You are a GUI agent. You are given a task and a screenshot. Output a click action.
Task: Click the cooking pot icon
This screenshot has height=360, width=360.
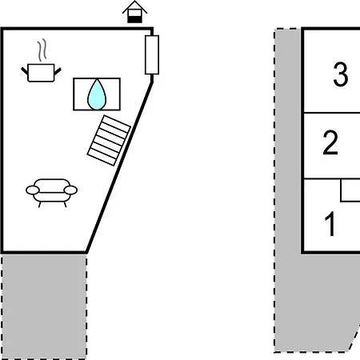pos(41,73)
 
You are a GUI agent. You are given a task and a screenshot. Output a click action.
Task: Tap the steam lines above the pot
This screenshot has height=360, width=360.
pos(42,50)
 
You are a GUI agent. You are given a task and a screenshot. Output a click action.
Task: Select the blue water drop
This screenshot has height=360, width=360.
pos(97,94)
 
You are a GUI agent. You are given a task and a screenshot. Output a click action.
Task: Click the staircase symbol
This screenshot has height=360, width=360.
pos(109,140)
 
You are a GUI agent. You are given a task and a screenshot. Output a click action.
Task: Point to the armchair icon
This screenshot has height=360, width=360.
pos(52,193)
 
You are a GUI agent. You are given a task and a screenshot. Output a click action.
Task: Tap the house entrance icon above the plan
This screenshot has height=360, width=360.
pos(134,12)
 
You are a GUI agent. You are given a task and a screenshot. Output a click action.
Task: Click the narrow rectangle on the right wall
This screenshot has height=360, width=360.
pos(152,54)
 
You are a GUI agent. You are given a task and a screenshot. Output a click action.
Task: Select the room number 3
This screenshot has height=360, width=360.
pos(341,74)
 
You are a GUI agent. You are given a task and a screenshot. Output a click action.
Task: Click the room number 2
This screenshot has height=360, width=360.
pos(330,142)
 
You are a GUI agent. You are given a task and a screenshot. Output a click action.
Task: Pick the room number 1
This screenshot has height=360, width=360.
pos(330,224)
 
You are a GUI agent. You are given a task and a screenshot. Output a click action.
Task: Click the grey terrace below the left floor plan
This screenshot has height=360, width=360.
pos(44,306)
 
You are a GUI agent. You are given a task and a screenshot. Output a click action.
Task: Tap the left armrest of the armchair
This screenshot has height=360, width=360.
pos(33,190)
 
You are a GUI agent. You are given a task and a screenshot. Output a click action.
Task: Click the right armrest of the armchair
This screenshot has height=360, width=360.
pos(70,190)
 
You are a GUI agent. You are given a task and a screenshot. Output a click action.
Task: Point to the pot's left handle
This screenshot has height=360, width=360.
pos(25,71)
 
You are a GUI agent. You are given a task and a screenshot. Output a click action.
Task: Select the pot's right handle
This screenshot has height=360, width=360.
pos(58,71)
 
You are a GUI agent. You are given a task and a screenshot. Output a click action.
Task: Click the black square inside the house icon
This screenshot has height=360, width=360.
pos(134,19)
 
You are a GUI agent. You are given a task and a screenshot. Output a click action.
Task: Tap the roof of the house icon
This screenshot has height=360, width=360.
pos(134,7)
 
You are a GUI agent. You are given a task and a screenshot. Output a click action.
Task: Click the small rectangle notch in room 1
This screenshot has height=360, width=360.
pos(350,190)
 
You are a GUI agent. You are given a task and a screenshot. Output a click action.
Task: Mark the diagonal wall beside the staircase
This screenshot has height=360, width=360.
pos(119,167)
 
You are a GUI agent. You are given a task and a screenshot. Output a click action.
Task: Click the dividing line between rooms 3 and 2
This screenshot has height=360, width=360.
pos(332,113)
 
